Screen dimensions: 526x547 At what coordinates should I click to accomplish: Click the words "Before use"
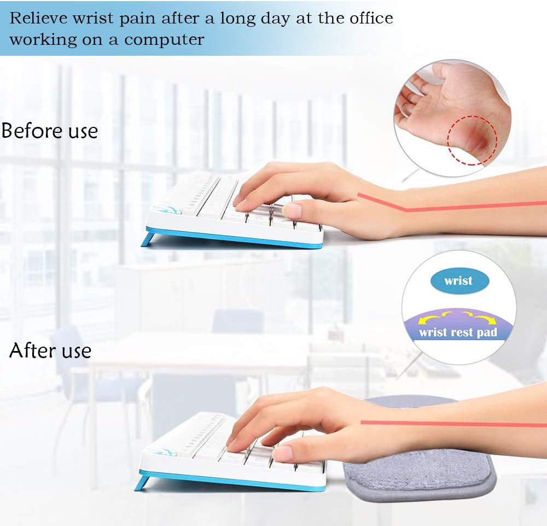(50, 131)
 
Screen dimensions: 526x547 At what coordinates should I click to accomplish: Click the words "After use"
(50, 350)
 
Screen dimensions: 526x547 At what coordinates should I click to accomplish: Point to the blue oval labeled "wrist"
(458, 281)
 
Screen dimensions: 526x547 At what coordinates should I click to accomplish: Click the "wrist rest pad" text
(458, 332)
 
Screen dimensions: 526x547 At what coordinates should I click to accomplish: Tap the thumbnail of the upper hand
(292, 211)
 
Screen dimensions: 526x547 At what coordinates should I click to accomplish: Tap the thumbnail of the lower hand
(283, 453)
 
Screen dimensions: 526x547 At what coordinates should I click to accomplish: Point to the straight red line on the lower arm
(454, 424)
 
